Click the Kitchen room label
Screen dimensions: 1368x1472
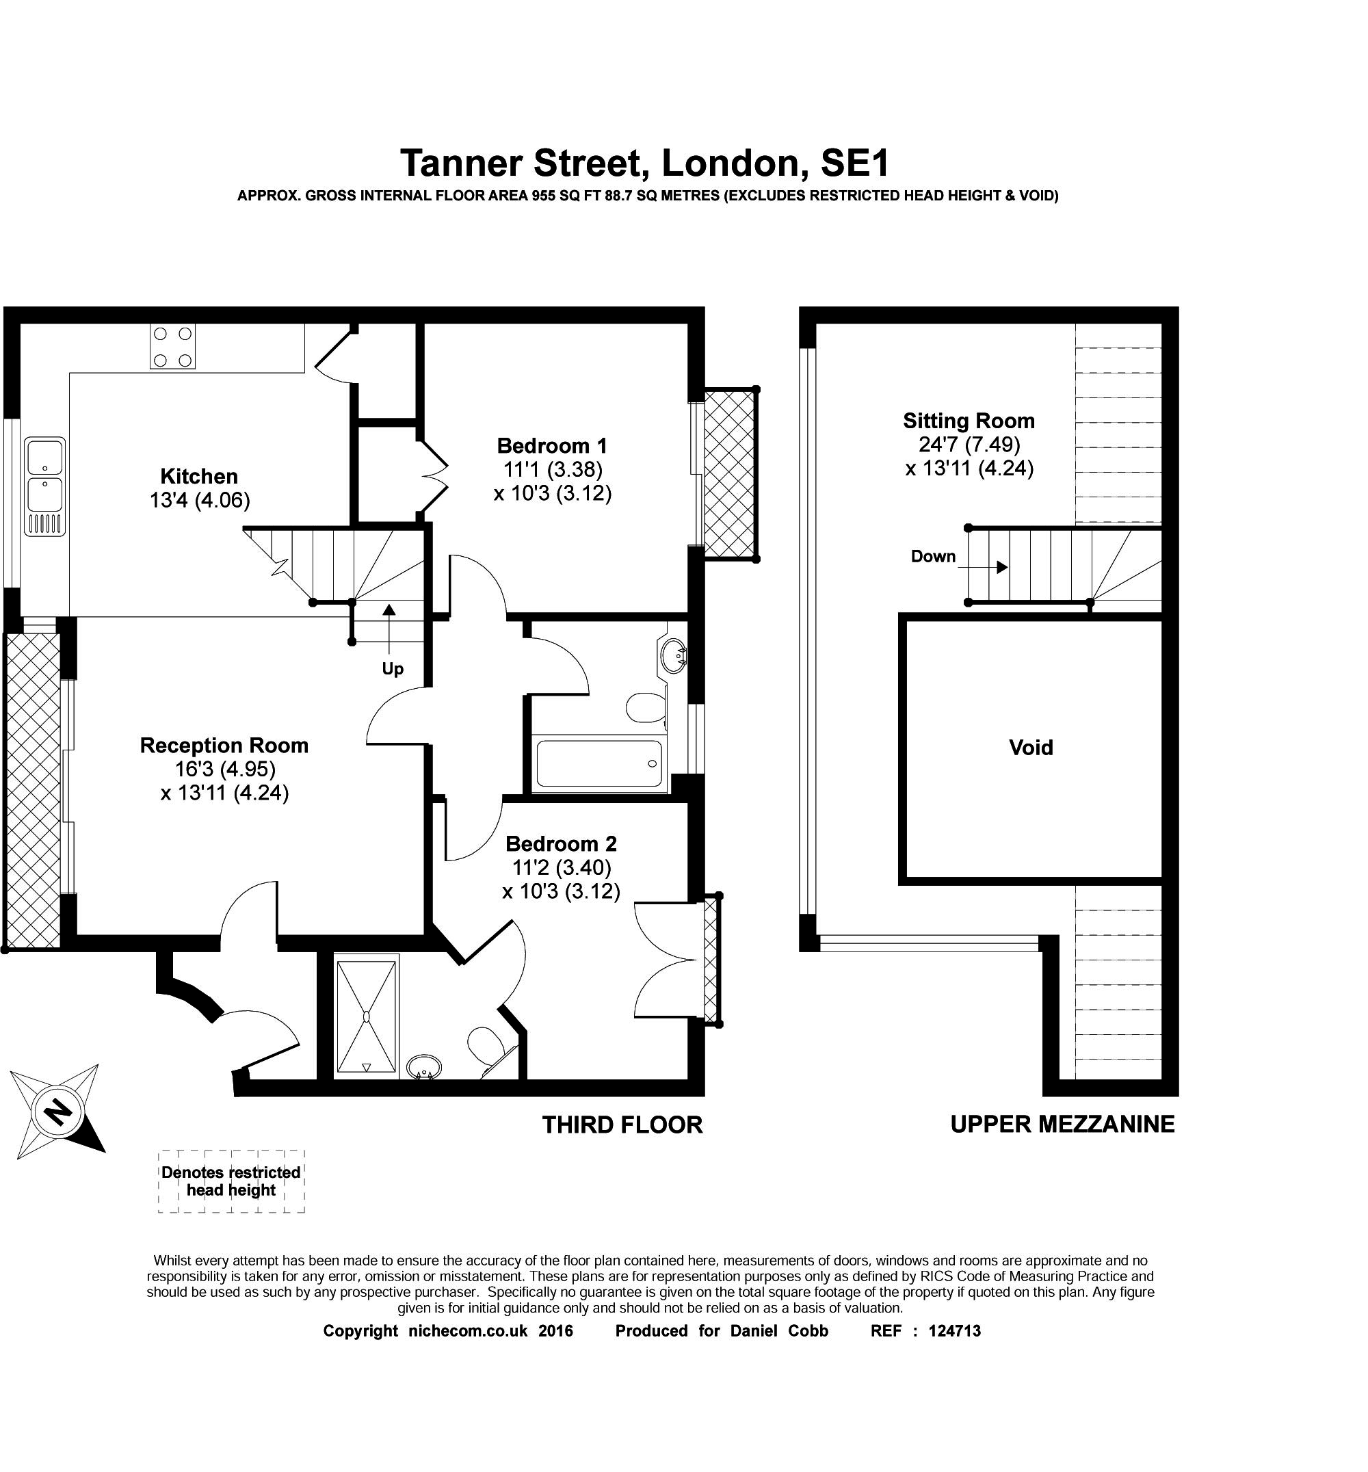(x=199, y=476)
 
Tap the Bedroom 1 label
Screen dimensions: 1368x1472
(x=551, y=446)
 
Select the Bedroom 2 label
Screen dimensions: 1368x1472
(x=560, y=843)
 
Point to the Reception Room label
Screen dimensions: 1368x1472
(x=224, y=745)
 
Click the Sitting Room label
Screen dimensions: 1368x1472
(x=969, y=421)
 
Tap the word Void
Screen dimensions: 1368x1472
(x=1030, y=748)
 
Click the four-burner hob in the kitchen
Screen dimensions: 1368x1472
(x=172, y=347)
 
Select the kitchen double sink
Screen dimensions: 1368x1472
(x=45, y=485)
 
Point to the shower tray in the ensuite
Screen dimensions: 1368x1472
(x=367, y=1016)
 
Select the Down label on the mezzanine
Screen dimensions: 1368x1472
(x=933, y=556)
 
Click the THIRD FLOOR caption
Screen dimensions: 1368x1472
(x=622, y=1125)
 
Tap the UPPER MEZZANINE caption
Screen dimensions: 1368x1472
(x=1062, y=1124)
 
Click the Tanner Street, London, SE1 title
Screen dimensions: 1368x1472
(x=644, y=163)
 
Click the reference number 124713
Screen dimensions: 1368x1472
(x=954, y=1330)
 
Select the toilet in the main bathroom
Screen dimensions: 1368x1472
(x=645, y=707)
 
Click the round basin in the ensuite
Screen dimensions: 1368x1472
(x=424, y=1067)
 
